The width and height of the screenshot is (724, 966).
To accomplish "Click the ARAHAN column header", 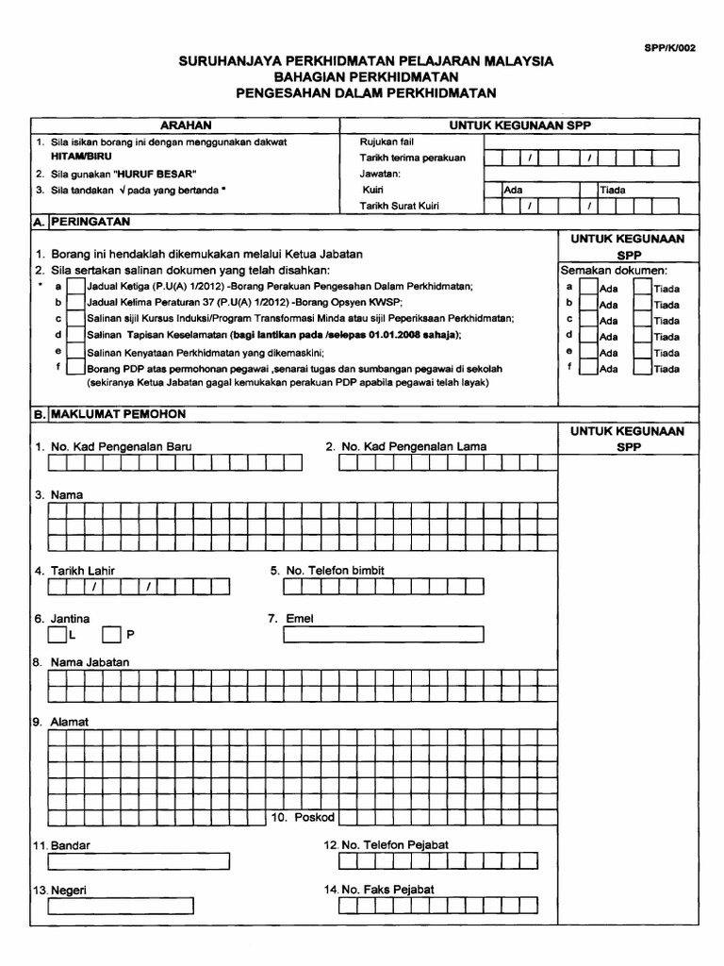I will point(185,125).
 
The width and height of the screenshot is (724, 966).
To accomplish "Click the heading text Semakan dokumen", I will point(614,270).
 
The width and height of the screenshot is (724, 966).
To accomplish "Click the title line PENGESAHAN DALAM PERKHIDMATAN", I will point(366,92).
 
